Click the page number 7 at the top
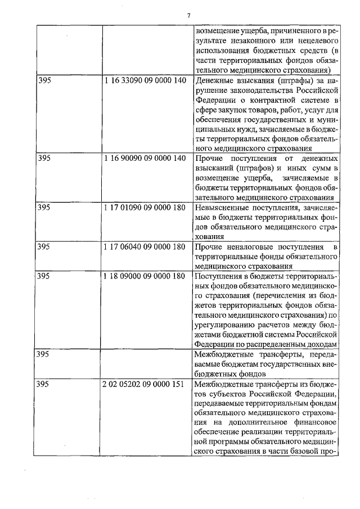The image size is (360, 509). (x=189, y=15)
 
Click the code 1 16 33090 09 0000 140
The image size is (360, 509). (x=145, y=80)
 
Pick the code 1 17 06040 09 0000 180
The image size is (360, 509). (x=145, y=247)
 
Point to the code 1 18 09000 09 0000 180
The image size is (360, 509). (x=145, y=276)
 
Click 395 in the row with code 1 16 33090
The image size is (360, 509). (x=44, y=80)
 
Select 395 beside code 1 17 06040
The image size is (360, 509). (x=44, y=247)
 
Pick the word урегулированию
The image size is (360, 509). (x=224, y=325)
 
